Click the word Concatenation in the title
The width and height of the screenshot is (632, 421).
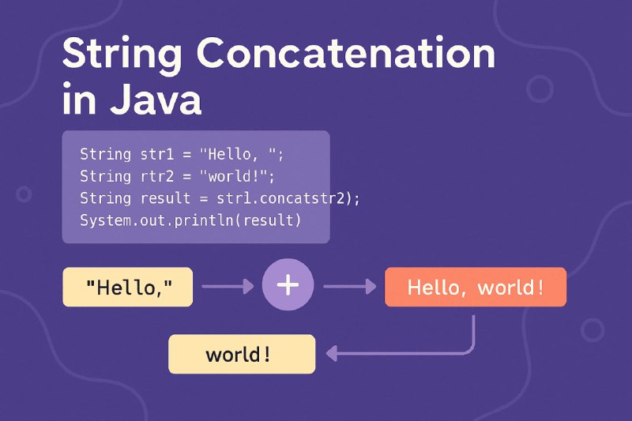[x=346, y=53]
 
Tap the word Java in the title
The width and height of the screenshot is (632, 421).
[x=155, y=99]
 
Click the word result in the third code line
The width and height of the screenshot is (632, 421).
[x=165, y=198]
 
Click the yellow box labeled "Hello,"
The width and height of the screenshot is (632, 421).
[x=128, y=287]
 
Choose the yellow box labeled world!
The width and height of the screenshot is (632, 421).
[x=242, y=354]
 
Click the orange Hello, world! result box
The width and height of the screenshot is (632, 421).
[x=476, y=287]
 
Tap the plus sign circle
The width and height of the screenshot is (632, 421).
[x=288, y=284]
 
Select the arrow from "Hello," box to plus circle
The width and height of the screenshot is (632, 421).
[x=228, y=287]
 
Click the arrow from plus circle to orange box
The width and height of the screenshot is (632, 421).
[x=350, y=287]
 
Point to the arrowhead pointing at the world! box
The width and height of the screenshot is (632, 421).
[x=332, y=354]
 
